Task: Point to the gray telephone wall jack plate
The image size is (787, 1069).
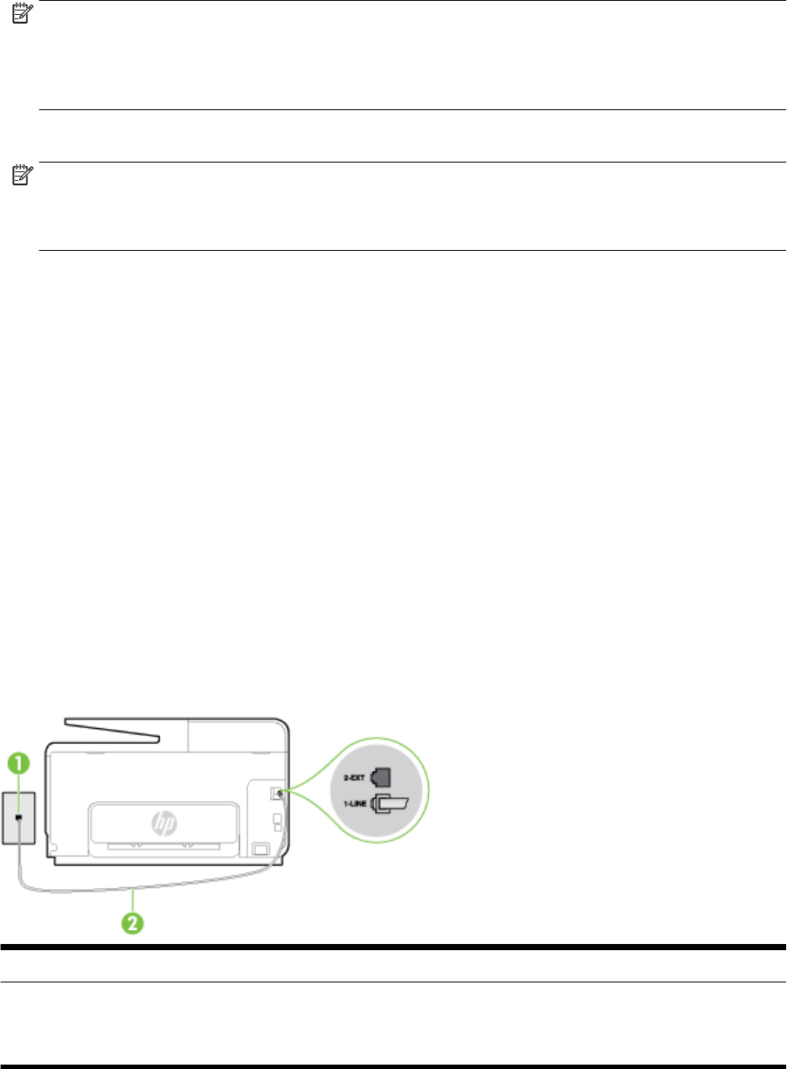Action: coord(18,817)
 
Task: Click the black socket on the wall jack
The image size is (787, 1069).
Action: coord(18,817)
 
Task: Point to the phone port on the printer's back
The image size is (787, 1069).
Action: coord(279,794)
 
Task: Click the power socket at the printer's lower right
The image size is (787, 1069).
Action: coord(259,848)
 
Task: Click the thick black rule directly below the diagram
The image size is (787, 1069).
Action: coord(393,947)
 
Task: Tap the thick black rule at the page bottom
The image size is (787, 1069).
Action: coord(393,1065)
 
